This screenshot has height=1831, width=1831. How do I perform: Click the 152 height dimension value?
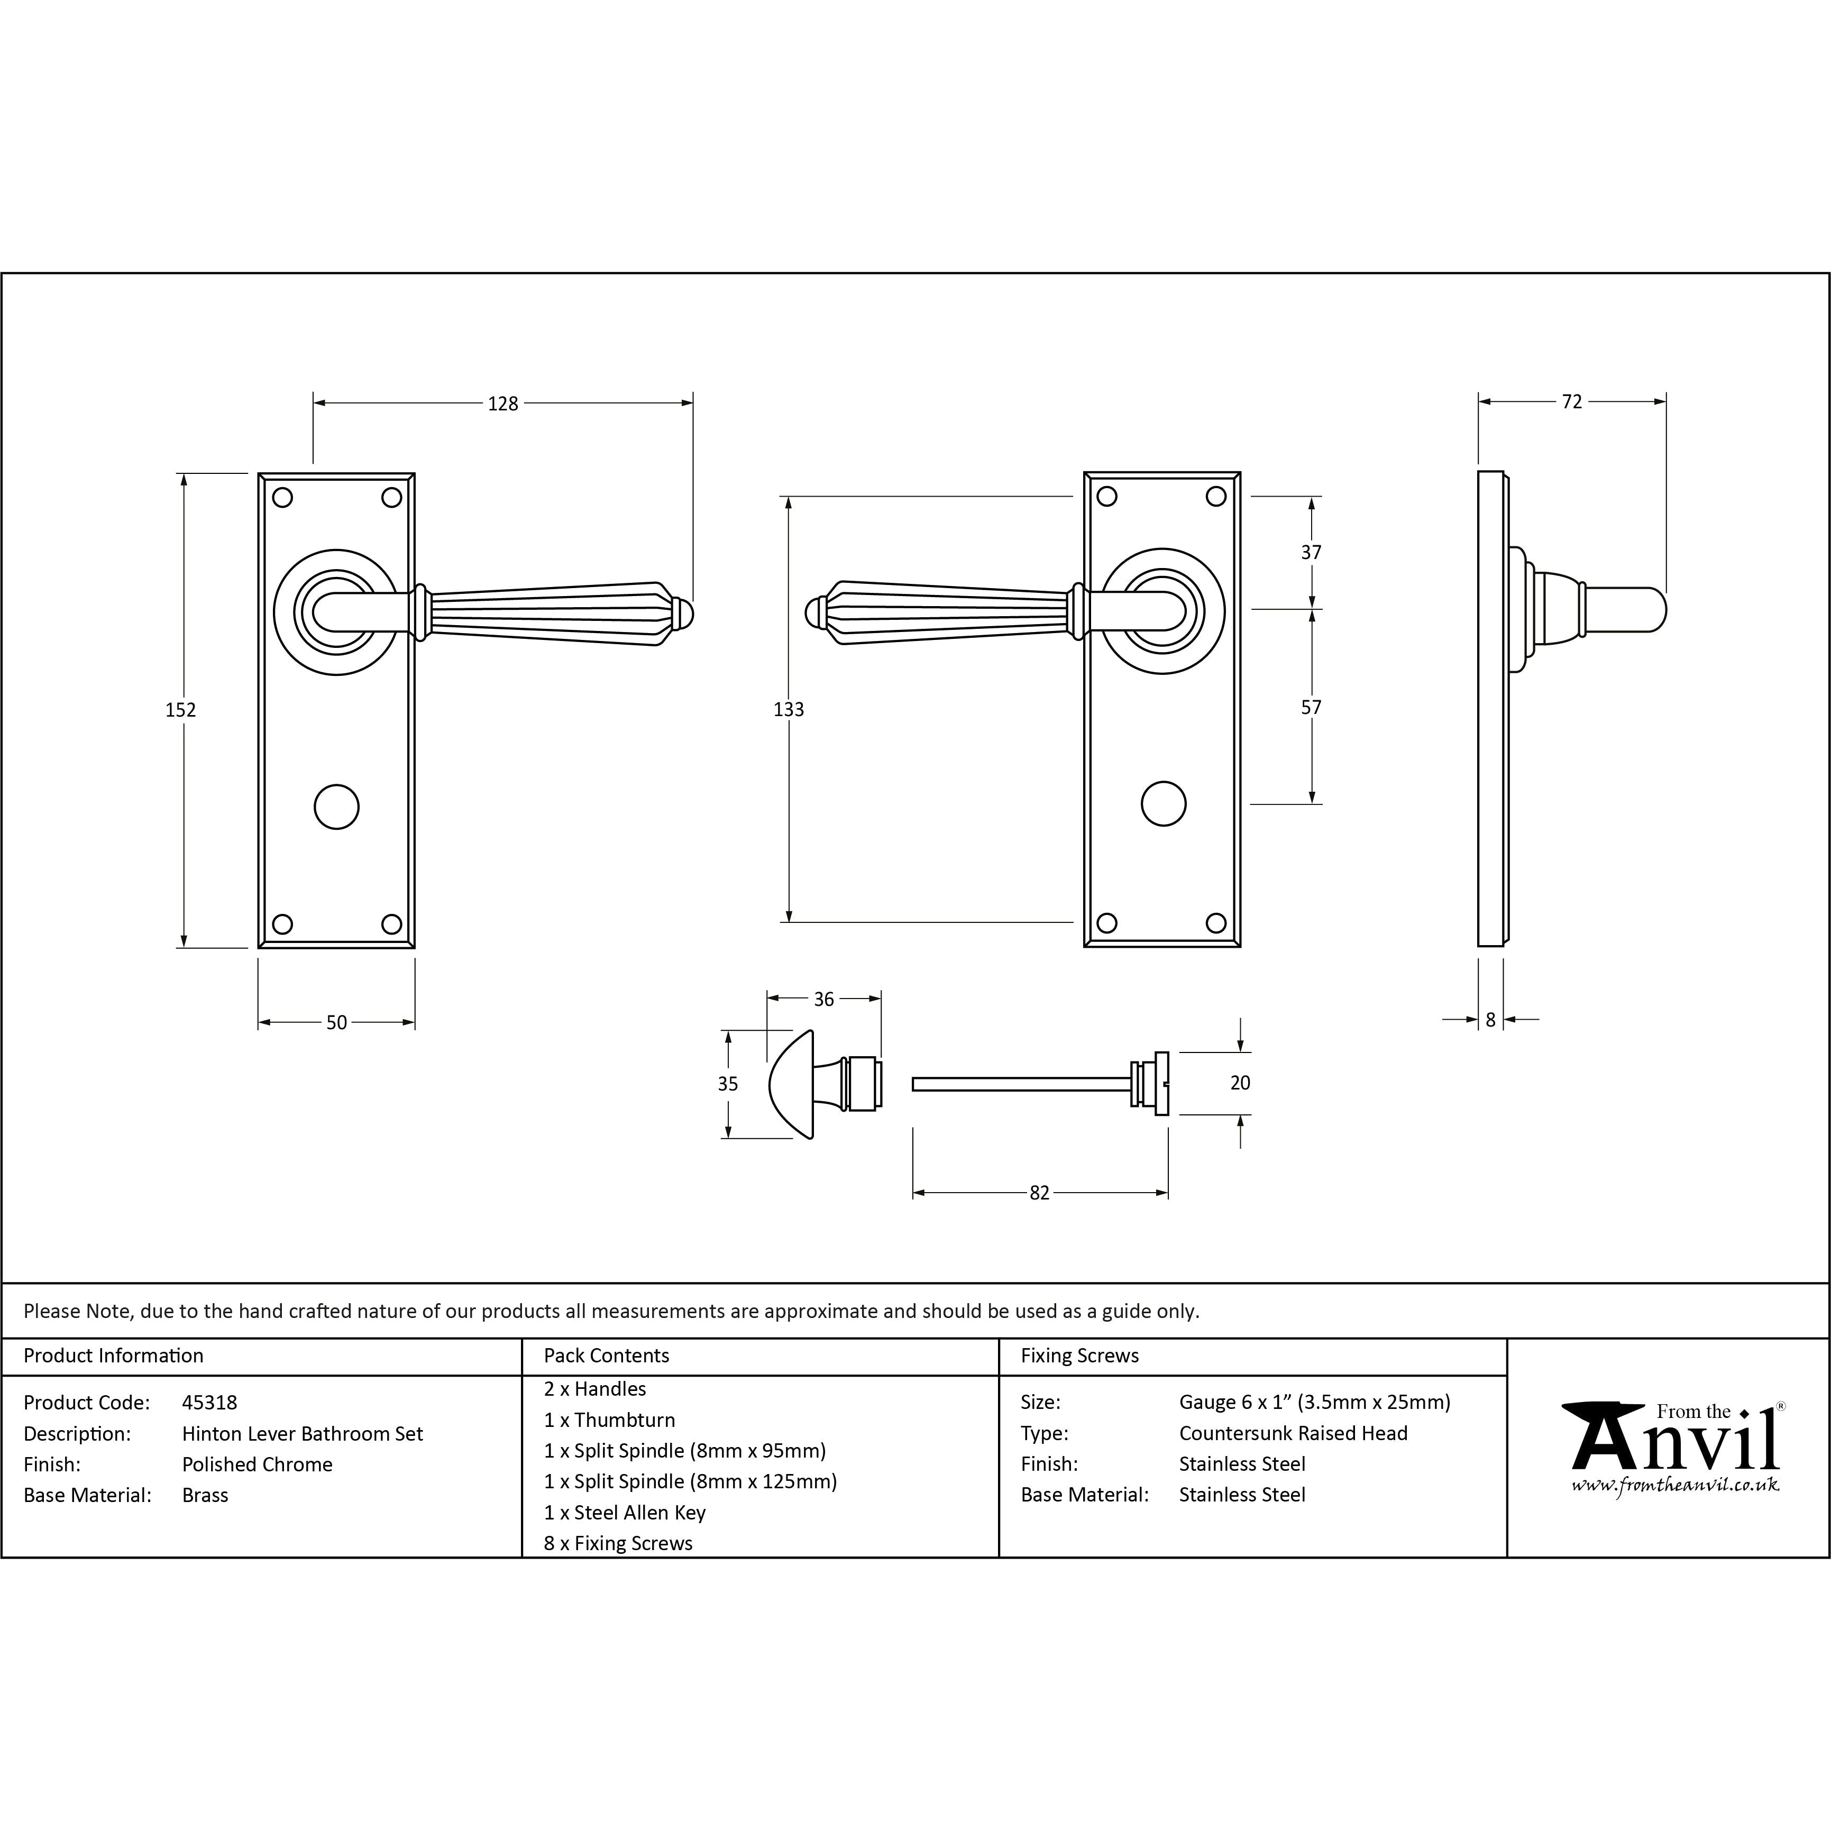coord(181,709)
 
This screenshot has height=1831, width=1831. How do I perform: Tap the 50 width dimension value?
coord(336,1022)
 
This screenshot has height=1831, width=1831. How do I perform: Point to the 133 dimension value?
coord(789,709)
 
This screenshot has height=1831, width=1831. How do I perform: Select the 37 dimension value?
coord(1311,552)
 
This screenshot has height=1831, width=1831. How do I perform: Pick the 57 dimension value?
coord(1311,707)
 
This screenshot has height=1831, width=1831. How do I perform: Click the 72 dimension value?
coord(1571,402)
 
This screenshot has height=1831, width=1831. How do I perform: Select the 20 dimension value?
coord(1240,1082)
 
